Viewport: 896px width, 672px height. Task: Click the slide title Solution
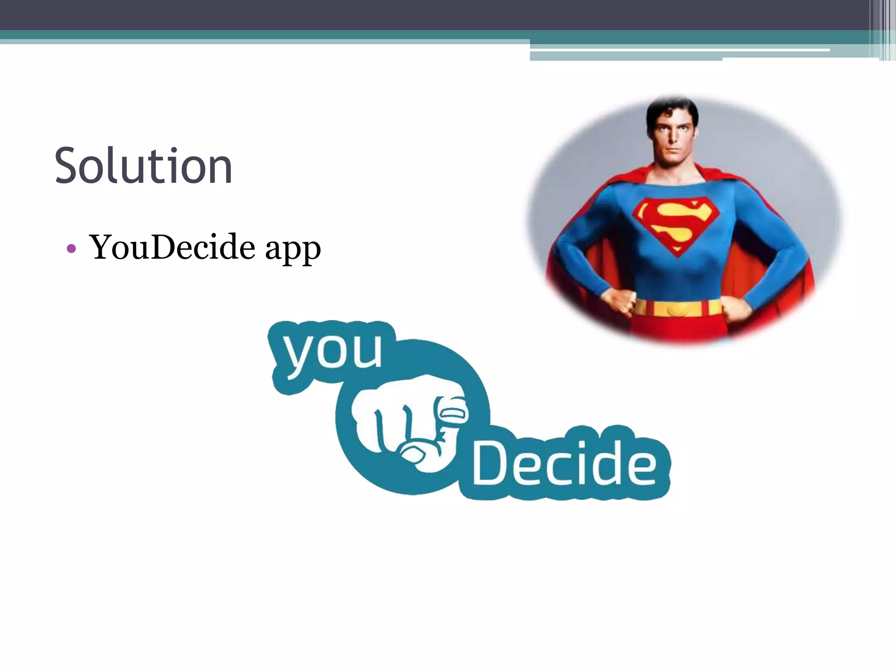point(143,166)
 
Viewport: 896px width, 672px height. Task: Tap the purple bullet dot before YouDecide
point(71,249)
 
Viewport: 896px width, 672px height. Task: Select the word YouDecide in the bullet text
point(172,248)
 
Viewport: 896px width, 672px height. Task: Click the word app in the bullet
point(293,249)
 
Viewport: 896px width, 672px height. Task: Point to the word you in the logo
point(332,353)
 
